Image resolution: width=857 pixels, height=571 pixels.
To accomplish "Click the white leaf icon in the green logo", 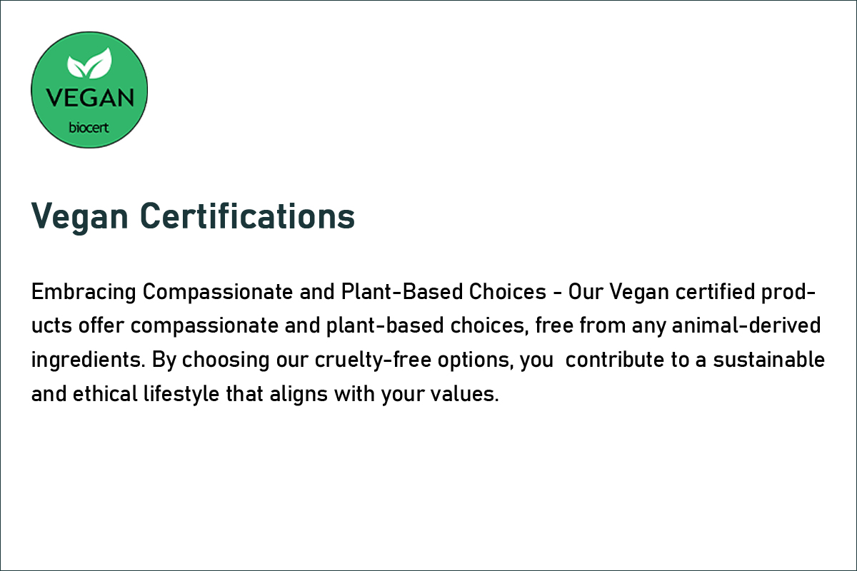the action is pos(89,63).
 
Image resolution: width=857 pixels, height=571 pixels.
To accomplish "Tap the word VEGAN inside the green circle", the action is pos(90,98).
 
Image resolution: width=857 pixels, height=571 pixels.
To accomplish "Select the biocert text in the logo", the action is pos(89,127).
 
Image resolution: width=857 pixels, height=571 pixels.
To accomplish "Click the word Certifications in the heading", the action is pos(248,216).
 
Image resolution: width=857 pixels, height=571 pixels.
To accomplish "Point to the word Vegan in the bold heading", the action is pos(79,218).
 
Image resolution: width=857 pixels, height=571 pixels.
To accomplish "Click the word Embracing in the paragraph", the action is pos(84,293).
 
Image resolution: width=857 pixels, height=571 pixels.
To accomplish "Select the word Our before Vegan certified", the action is pos(586,292).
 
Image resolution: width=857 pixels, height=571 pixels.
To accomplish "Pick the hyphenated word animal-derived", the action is pos(746,325).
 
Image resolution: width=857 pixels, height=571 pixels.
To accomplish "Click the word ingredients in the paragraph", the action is pos(89,360).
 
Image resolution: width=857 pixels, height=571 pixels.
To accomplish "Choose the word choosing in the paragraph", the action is pos(226,360).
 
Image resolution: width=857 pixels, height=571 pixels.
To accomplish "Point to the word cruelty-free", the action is pos(373,360).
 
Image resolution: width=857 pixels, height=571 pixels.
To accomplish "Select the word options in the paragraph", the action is pos(476,360).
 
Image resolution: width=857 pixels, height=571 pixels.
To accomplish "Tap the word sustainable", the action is pos(769,360).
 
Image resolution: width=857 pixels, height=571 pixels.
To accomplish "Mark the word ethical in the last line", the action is pos(105,393).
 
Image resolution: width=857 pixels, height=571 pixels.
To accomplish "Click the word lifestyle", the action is pos(181,395).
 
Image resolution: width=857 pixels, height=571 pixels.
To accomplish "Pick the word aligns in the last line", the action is pos(299,395).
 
